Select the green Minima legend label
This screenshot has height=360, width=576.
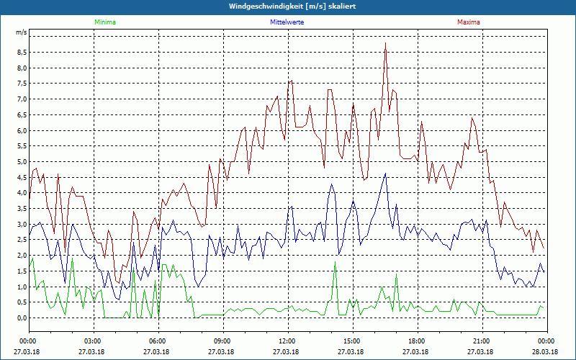click(x=104, y=22)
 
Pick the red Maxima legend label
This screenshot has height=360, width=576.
click(x=469, y=22)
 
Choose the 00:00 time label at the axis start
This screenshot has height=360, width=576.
click(x=29, y=341)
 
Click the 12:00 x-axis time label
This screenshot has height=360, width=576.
click(x=287, y=341)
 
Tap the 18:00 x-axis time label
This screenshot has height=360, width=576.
click(x=417, y=341)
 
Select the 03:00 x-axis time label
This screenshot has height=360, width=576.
click(x=94, y=341)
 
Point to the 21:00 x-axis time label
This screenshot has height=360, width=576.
click(x=482, y=341)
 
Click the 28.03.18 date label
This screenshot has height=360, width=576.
click(x=546, y=352)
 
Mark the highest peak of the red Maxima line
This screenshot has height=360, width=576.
click(x=386, y=43)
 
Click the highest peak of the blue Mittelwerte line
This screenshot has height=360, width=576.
click(x=386, y=173)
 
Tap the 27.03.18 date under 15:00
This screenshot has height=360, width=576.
click(x=352, y=352)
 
